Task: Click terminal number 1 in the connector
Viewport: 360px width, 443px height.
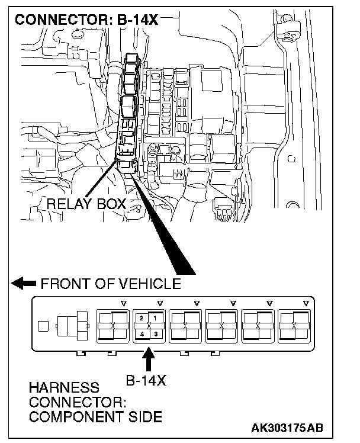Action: [x=155, y=319]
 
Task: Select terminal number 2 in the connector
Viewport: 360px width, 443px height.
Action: [x=141, y=319]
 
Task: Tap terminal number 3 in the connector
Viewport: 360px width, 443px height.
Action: [x=155, y=333]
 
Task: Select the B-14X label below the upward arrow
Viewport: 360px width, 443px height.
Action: [x=147, y=380]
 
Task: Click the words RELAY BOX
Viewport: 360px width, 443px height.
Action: [x=86, y=204]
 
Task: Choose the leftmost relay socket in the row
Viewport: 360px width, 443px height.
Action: [x=112, y=326]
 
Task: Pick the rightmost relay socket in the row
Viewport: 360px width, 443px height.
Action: [x=295, y=326]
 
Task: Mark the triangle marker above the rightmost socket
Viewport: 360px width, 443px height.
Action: [x=306, y=303]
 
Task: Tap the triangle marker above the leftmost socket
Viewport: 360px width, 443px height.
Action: [x=123, y=303]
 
